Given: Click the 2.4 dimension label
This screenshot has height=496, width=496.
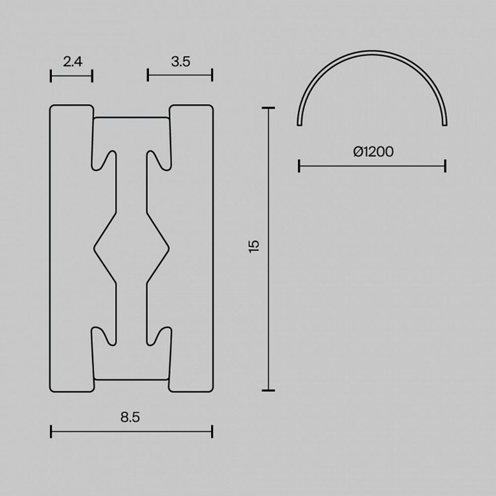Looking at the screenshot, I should (72, 62).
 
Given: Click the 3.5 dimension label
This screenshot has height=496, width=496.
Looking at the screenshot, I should (181, 62).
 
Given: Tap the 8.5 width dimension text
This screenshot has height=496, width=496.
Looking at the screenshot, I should (130, 418).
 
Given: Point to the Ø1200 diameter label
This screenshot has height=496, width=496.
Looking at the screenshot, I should (373, 152).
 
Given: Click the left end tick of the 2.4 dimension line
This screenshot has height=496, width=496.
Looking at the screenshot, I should (51, 76).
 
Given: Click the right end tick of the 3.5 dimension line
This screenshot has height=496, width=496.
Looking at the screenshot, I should (212, 75).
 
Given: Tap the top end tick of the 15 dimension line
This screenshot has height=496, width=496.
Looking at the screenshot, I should (268, 108).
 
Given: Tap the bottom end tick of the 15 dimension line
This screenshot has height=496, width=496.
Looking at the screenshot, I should (268, 390).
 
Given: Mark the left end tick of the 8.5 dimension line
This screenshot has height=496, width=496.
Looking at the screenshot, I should (51, 432).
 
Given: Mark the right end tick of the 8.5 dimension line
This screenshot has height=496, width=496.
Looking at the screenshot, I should (212, 432).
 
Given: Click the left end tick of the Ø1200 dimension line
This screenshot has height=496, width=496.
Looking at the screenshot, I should (299, 166).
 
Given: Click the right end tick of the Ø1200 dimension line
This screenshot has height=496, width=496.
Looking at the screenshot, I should (445, 166).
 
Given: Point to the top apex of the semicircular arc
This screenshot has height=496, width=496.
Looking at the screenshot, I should (372, 52).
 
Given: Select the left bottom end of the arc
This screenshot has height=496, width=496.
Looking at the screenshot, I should (300, 124).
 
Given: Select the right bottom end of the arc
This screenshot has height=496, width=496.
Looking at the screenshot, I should (444, 124).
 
